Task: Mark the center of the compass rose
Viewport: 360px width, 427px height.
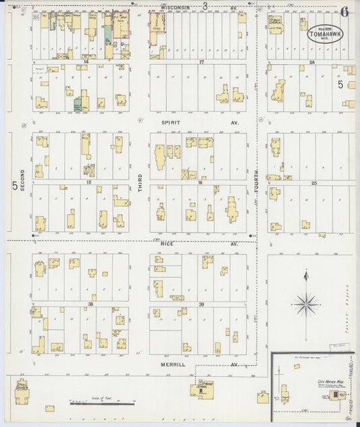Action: [306, 303]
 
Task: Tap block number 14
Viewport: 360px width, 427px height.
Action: [86, 61]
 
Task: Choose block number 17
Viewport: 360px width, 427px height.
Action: [201, 61]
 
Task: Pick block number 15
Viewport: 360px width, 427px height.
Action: [88, 182]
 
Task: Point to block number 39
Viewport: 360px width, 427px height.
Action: [201, 305]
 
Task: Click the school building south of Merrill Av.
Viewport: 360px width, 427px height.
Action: [202, 388]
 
